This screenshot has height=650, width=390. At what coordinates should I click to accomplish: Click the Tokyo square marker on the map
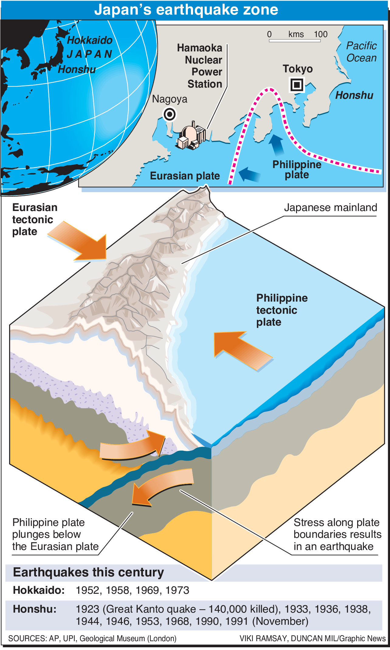tap(297, 84)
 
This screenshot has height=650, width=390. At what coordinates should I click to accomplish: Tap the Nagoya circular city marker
tap(170, 115)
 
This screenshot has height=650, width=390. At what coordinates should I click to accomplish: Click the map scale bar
tap(295, 40)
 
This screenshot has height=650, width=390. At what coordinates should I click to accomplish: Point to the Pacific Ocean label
tap(361, 52)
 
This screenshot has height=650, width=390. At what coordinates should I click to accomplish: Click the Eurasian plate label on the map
tap(185, 176)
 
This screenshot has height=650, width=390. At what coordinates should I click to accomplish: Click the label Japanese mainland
tap(330, 208)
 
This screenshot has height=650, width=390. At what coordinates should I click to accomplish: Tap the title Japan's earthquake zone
tap(186, 10)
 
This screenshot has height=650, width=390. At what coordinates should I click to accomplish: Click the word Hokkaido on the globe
tap(89, 40)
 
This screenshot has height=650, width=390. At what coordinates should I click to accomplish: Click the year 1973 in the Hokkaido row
tap(178, 590)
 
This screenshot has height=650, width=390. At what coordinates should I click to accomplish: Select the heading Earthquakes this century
tap(88, 572)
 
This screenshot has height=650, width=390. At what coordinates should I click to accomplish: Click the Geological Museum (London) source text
tap(128, 638)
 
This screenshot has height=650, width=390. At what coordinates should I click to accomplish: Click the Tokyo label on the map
tap(298, 69)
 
